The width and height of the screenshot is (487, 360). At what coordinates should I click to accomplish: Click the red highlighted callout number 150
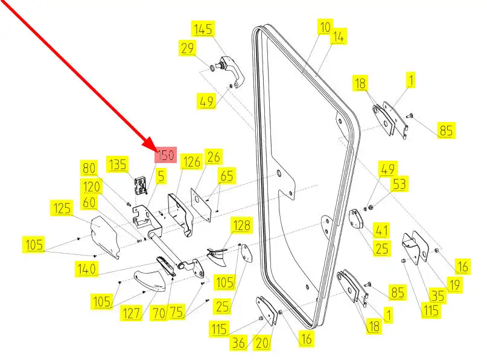[x=166, y=155]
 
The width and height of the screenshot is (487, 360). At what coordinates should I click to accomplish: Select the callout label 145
[x=203, y=29]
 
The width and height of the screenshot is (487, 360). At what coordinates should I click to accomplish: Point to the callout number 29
[x=187, y=48]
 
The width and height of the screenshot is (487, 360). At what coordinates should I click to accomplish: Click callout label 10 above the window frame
[x=325, y=27]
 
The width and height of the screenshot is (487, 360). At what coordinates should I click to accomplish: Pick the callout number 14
[x=338, y=37]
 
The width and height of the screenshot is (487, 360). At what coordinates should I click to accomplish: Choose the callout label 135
[x=118, y=164]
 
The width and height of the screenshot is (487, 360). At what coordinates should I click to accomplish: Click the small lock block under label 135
[x=141, y=186]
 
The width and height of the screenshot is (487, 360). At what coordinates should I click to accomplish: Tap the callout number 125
[x=62, y=208]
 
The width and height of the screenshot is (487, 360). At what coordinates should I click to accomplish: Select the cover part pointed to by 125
[x=104, y=236]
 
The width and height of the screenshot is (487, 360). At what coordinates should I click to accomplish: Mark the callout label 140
[x=86, y=269]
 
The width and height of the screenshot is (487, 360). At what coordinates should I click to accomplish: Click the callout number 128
[x=241, y=225]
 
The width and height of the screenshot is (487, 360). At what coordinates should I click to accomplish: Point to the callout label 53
[x=399, y=184]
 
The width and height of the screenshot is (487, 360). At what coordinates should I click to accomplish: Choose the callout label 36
[x=238, y=343]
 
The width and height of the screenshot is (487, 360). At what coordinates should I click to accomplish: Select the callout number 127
[x=132, y=313]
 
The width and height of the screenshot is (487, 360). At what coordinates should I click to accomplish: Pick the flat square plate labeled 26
[x=201, y=204]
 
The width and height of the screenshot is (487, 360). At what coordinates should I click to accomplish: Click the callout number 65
[x=227, y=176]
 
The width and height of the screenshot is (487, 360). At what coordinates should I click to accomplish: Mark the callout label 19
[x=454, y=284]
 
